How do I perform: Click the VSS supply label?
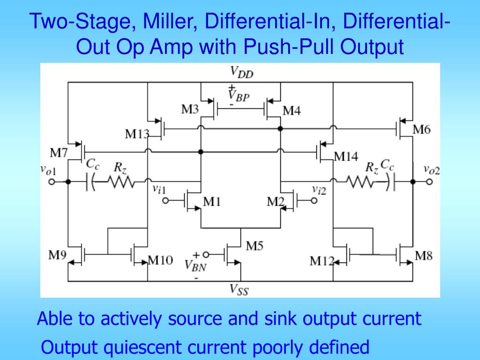tap(239, 290)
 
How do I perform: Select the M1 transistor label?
tap(212, 202)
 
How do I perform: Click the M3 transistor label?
tap(190, 110)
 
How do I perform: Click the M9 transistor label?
tap(57, 256)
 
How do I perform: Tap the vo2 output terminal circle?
tap(429, 181)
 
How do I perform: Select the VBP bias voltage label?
tap(239, 96)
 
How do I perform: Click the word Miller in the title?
tap(170, 21)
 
